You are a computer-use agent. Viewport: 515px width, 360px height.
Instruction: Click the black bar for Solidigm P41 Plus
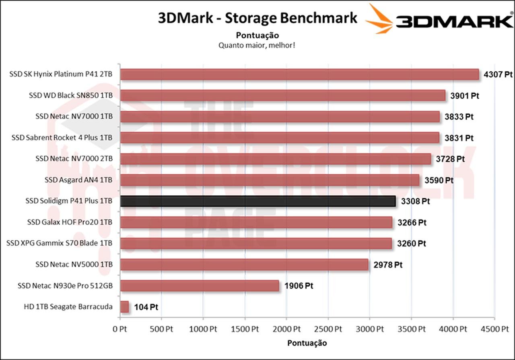click(x=257, y=201)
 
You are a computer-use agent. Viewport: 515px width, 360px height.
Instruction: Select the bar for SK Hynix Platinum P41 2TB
click(x=299, y=74)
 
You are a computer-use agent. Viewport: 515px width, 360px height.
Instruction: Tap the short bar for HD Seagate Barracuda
click(x=124, y=307)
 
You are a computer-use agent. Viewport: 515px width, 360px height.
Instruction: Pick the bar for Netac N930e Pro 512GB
click(x=200, y=286)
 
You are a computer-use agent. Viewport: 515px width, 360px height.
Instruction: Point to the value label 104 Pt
click(x=145, y=307)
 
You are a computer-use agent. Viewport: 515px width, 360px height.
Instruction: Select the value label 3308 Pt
click(x=415, y=201)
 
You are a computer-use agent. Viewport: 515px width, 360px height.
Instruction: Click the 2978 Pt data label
click(x=388, y=265)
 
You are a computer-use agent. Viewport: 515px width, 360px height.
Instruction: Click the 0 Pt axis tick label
click(x=120, y=329)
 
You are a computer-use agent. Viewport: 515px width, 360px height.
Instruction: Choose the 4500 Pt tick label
click(x=495, y=329)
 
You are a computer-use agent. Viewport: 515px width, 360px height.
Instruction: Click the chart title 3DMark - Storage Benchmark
click(x=257, y=18)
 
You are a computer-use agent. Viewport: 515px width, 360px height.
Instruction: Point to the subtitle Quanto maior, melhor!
click(x=257, y=45)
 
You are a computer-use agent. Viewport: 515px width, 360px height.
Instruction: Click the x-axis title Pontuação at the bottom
click(x=307, y=343)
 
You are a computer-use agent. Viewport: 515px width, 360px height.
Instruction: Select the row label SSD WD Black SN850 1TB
click(x=70, y=95)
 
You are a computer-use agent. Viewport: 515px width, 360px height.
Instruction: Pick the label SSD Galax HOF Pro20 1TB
click(x=70, y=222)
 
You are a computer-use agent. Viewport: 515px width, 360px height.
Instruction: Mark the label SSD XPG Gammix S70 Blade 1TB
click(x=60, y=243)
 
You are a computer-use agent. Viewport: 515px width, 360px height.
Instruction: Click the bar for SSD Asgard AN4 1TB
click(x=270, y=180)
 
